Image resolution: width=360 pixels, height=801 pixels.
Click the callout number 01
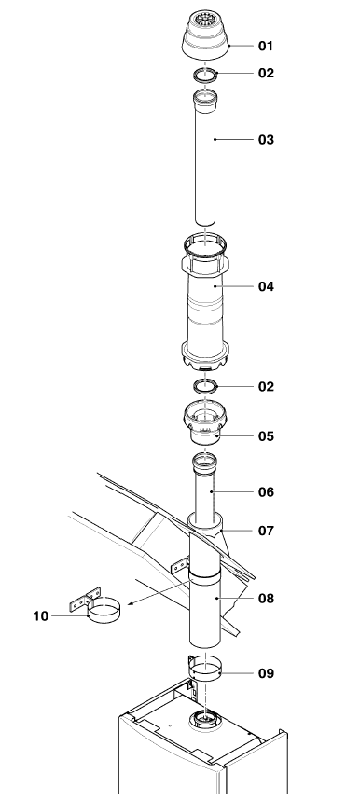(x=266, y=46)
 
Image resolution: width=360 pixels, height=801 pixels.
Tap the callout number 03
(x=266, y=140)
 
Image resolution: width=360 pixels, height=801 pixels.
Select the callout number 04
(x=266, y=286)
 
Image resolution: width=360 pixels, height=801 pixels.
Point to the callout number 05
(x=266, y=436)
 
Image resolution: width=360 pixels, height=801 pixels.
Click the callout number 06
(x=266, y=492)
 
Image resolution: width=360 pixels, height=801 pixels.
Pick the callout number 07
(x=266, y=531)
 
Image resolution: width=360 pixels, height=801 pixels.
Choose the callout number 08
(x=266, y=599)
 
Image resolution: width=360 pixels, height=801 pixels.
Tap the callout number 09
(x=266, y=673)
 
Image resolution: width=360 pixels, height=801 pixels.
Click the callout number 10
(x=41, y=616)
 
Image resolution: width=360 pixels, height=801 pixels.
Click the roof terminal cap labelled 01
(x=205, y=35)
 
